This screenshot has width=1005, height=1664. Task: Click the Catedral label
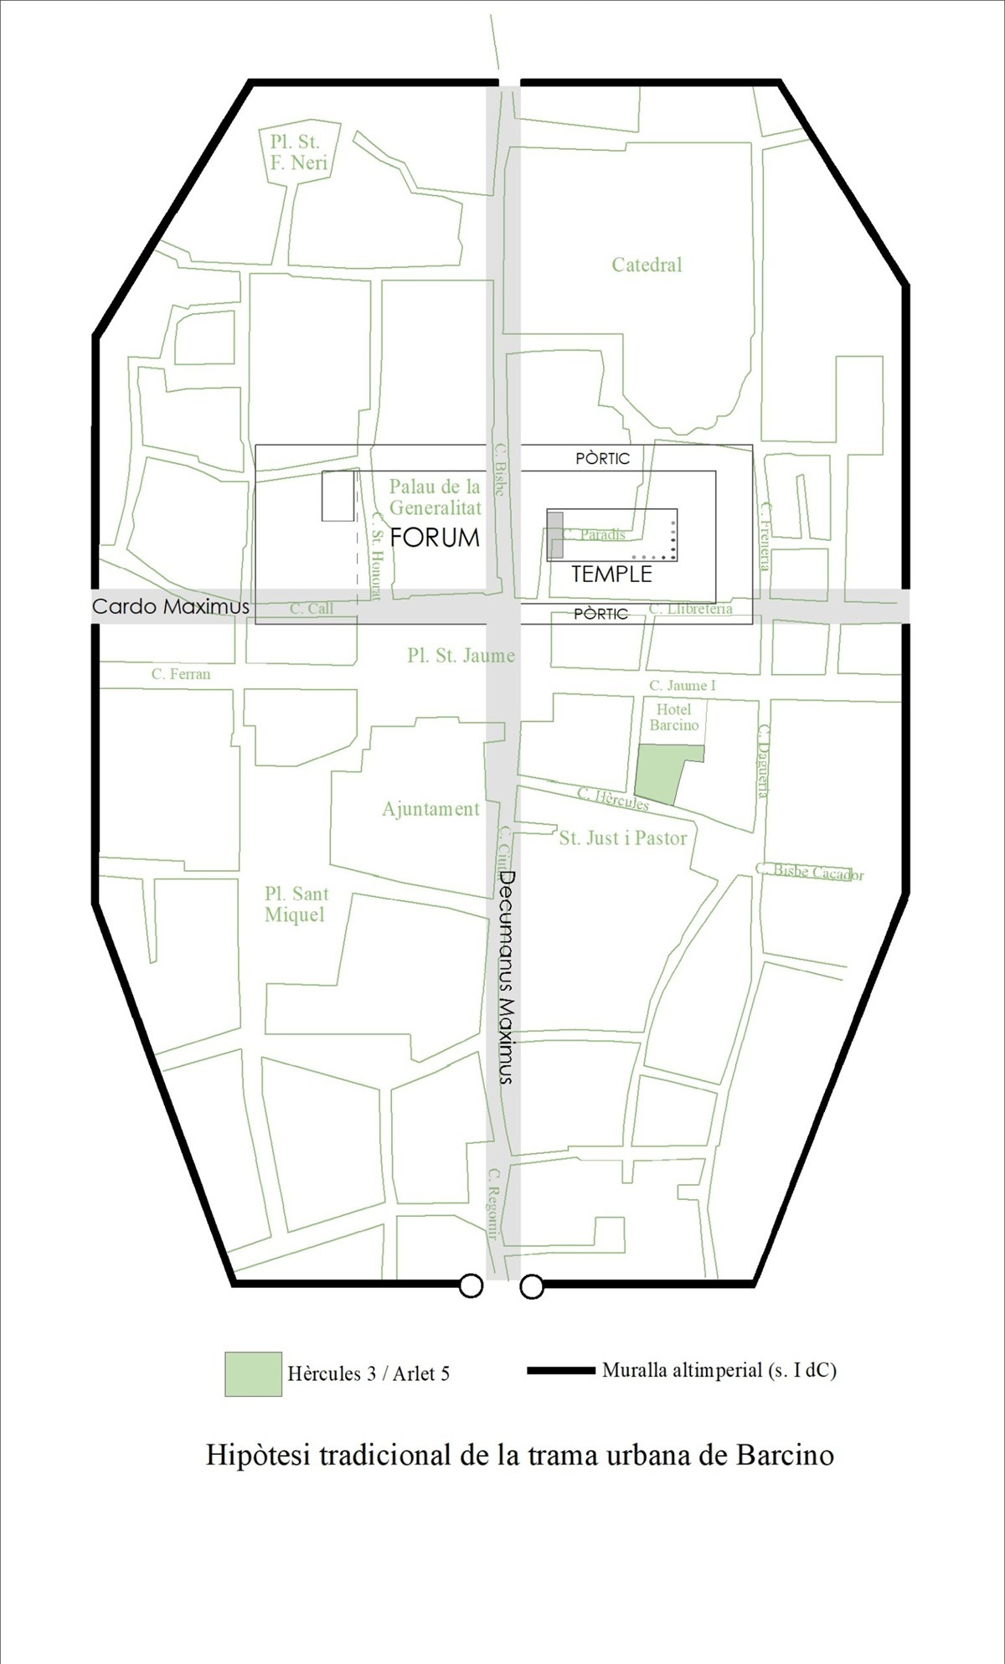[x=647, y=265]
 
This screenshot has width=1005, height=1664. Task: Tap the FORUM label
[x=435, y=538]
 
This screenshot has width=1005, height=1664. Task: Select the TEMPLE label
[x=611, y=574]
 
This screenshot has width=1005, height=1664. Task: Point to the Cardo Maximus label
[x=170, y=607]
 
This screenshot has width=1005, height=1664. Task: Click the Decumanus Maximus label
[x=506, y=977]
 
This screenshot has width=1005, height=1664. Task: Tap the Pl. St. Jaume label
[x=461, y=656]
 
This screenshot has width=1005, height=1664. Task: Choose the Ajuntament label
[x=430, y=809]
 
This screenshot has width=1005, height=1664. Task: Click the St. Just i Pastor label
[x=623, y=838]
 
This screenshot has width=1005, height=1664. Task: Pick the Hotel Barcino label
[x=673, y=718]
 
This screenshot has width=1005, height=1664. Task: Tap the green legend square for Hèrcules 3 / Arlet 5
[x=253, y=1374]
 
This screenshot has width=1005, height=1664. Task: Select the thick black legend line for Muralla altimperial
[x=560, y=1371]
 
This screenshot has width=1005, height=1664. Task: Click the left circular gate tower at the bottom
[x=471, y=1285]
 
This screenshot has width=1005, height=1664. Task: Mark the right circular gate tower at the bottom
[x=532, y=1285]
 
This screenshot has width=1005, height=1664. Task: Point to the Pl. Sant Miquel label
[x=296, y=904]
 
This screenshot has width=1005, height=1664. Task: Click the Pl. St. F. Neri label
[x=298, y=152]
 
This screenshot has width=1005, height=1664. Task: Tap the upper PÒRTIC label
[x=602, y=459]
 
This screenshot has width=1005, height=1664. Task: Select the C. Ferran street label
[x=181, y=674]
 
